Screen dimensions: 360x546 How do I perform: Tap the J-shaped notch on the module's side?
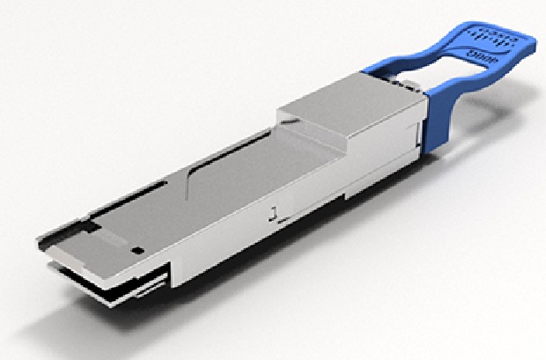coord(276,211)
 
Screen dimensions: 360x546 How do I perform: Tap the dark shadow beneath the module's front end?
coord(132,304)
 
